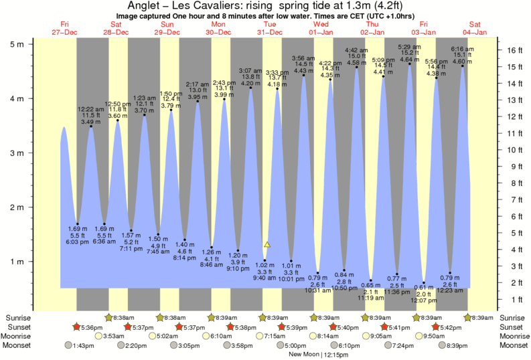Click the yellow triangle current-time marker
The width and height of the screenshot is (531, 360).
click(267, 245)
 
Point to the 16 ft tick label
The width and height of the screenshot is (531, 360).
click(513, 50)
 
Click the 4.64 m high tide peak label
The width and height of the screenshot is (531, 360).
click(409, 60)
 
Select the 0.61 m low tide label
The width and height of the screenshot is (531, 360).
click(424, 287)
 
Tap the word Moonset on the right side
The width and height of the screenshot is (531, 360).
click(513, 345)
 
